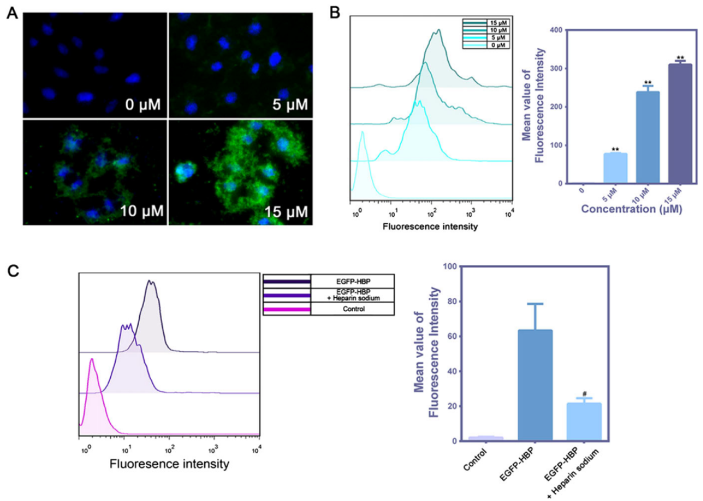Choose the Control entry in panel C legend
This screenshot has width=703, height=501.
click(x=351, y=308)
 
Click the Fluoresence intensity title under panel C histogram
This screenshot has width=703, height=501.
click(x=169, y=463)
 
